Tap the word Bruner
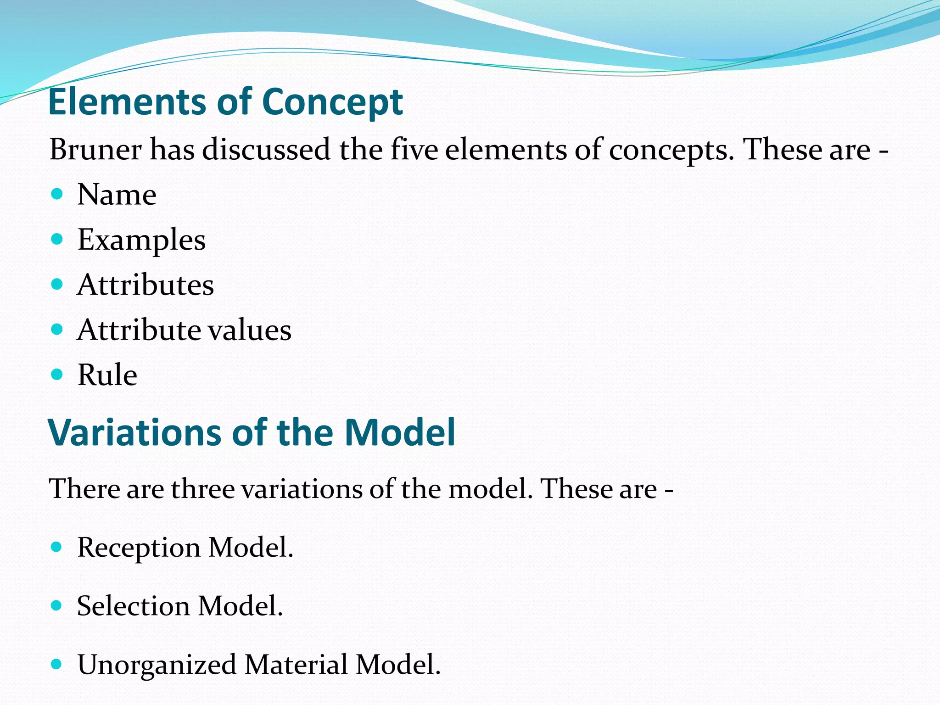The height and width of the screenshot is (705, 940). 95,150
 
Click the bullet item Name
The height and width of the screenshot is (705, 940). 117,195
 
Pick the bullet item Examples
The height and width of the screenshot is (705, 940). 141,240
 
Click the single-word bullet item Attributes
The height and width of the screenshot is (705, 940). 145,285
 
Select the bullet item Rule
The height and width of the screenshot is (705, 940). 107,375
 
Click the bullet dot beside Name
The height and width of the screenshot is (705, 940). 56,194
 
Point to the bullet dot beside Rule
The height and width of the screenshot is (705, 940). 56,375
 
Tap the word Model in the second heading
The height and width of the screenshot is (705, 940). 399,433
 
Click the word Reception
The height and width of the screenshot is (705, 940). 139,548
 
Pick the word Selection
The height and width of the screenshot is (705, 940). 133,606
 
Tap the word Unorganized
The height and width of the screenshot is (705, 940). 157,665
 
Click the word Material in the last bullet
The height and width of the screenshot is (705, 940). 296,665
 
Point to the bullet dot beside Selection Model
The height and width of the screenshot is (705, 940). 56,605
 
